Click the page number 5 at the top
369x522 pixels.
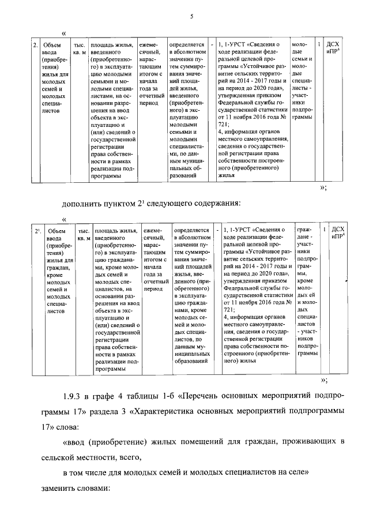coord(190,17)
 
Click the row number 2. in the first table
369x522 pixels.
coord(35,44)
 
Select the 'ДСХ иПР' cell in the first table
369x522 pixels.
coord(333,48)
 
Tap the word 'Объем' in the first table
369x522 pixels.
coord(52,44)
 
